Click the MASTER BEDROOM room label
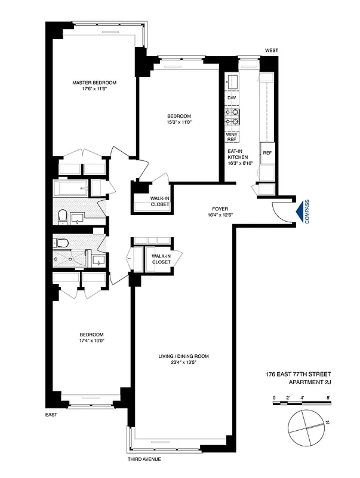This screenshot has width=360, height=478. coord(94,82)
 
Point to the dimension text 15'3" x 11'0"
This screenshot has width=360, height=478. coord(179,122)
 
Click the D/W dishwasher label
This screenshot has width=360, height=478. coord(231,98)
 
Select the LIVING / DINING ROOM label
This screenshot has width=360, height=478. coord(183,356)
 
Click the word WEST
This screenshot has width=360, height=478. coord(272,51)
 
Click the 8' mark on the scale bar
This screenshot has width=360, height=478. coord(328,397)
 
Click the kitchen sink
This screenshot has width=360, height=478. coord(233,81)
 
